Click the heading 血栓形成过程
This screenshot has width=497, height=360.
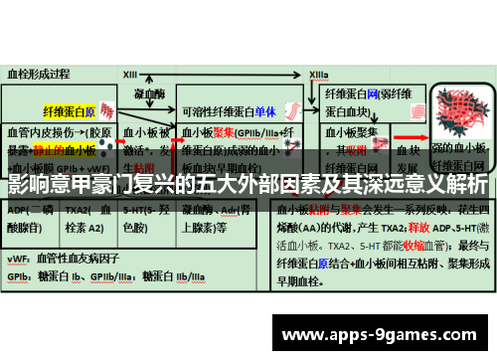(x=39, y=73)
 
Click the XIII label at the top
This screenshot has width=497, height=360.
(x=130, y=74)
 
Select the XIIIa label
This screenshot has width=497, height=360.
(x=319, y=74)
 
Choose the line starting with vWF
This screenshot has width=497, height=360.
(x=55, y=258)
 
